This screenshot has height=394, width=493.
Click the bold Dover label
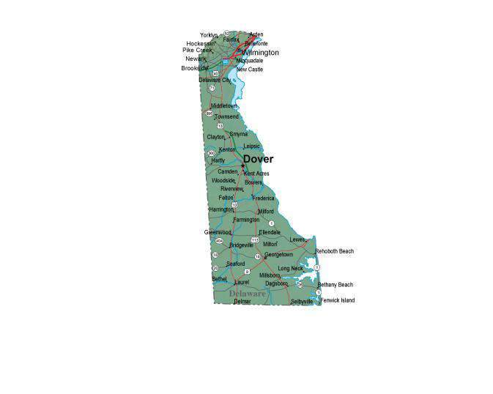click(258, 159)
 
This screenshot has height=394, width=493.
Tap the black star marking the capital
click(242, 166)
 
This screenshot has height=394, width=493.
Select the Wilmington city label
click(260, 53)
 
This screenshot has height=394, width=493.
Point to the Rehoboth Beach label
click(334, 251)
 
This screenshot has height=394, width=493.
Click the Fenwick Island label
click(337, 300)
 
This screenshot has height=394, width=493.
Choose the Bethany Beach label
click(335, 284)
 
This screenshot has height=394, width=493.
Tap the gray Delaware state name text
click(247, 293)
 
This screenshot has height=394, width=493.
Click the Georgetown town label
click(278, 254)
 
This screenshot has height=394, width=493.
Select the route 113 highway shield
click(254, 239)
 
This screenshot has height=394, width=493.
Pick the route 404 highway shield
click(219, 240)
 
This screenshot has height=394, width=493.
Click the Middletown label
click(223, 105)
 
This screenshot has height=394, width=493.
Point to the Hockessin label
click(200, 43)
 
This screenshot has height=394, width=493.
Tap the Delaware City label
click(215, 80)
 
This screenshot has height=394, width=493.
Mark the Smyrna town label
click(238, 134)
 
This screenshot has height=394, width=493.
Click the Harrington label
click(220, 209)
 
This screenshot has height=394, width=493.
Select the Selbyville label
click(301, 301)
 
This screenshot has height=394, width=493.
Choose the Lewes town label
click(297, 239)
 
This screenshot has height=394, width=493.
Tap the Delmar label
click(242, 301)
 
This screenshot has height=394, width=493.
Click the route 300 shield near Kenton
click(212, 152)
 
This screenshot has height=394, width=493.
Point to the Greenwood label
click(218, 232)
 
